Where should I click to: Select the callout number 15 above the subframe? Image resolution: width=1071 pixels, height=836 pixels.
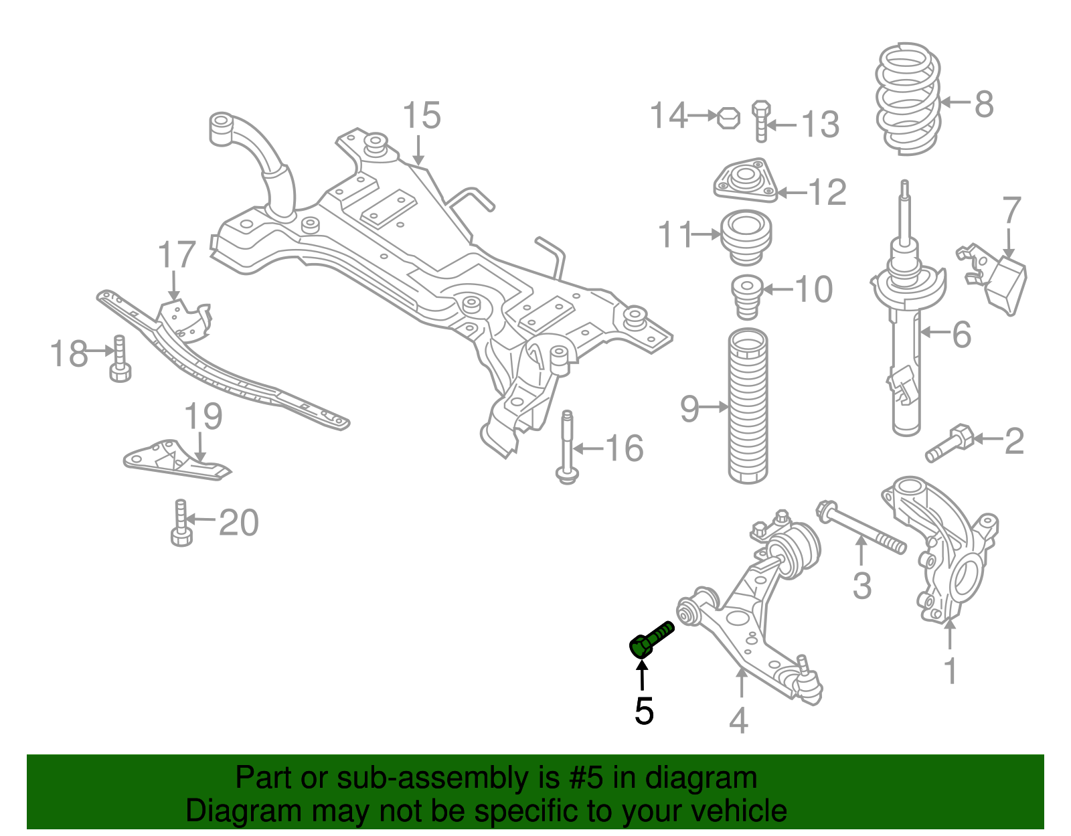click(x=422, y=116)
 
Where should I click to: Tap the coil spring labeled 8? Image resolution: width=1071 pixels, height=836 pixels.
click(x=908, y=99)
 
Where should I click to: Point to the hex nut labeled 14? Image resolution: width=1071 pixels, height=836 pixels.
click(x=728, y=118)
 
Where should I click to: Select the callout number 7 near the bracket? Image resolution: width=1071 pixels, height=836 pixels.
click(x=1011, y=211)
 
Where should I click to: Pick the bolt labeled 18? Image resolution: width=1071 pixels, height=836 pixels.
click(x=120, y=359)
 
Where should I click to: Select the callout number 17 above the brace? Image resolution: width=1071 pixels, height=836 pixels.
click(x=177, y=255)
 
